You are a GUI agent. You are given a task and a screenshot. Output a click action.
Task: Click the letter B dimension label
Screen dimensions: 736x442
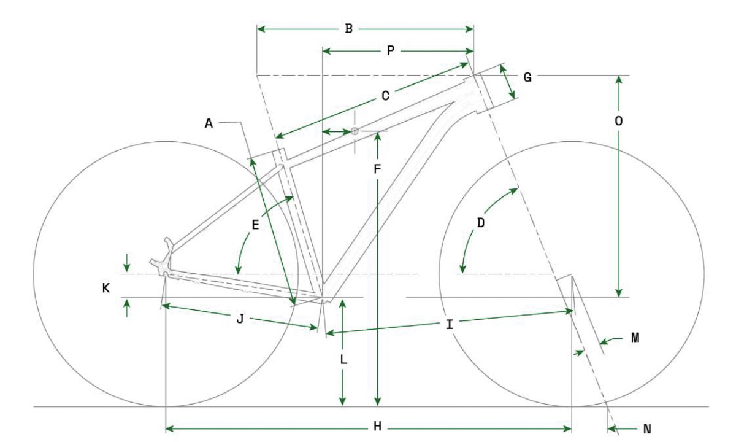click(348, 29)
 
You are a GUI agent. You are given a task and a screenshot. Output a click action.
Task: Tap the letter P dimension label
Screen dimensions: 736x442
click(390, 50)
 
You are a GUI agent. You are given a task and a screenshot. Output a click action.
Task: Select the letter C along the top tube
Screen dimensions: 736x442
click(385, 96)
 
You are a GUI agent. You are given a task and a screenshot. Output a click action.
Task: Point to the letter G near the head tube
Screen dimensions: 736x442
click(527, 77)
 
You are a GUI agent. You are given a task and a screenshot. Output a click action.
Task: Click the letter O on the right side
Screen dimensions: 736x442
click(618, 122)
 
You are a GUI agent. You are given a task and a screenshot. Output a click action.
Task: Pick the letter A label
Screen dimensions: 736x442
click(209, 123)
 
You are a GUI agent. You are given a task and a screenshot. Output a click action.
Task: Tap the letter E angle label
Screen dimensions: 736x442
click(255, 225)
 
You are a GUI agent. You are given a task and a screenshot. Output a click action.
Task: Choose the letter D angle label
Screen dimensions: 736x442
click(480, 223)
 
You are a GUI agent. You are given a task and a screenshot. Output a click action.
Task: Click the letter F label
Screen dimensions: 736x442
click(377, 169)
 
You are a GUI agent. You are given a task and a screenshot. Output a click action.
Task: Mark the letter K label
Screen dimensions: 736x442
click(105, 288)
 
